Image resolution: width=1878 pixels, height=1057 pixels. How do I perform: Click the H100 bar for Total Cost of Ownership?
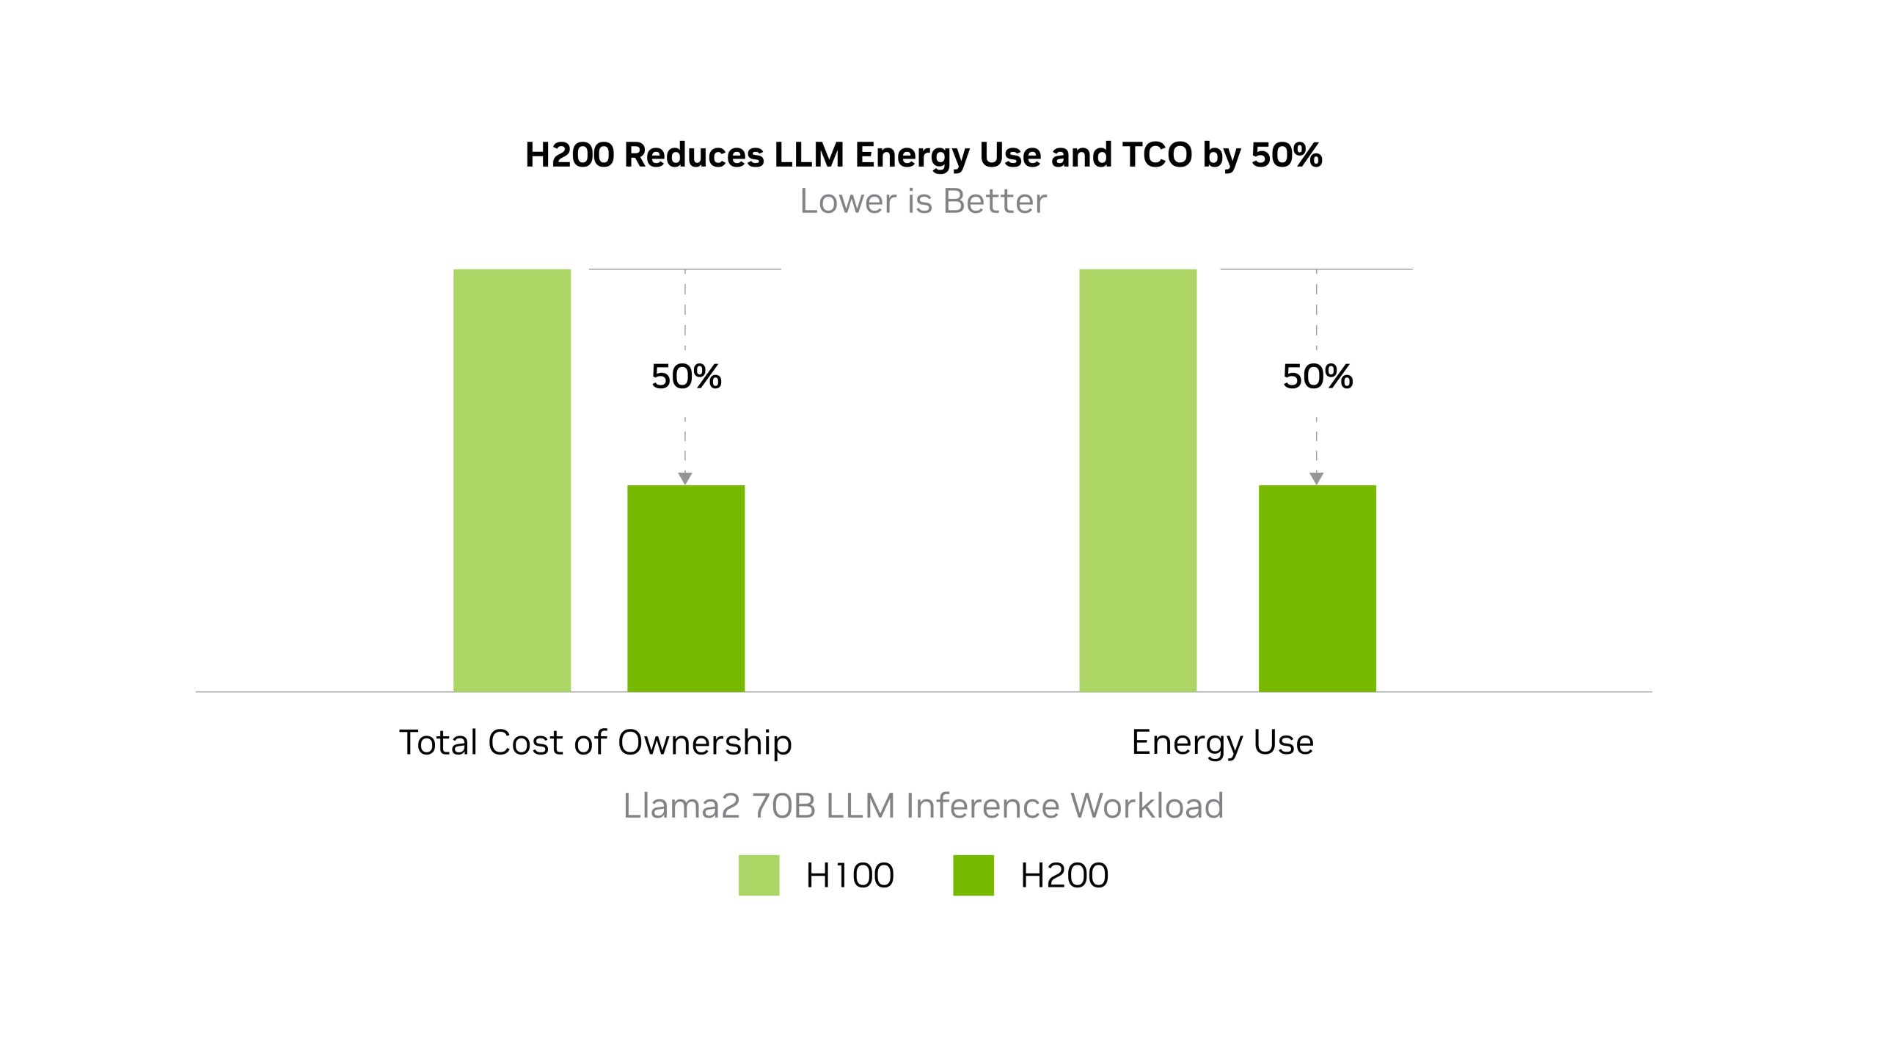point(512,480)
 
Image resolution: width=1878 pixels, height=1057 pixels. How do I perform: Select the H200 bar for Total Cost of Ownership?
point(686,588)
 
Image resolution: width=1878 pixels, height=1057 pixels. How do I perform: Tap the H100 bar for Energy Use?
point(1138,480)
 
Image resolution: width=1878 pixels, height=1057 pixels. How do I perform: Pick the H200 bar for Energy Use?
point(1318,588)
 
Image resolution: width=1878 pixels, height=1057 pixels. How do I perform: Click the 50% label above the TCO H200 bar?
point(687,377)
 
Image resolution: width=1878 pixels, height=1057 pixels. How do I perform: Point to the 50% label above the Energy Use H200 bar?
point(1318,377)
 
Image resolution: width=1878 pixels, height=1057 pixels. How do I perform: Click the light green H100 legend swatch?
point(759,875)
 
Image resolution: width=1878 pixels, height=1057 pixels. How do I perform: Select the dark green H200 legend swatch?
point(973,875)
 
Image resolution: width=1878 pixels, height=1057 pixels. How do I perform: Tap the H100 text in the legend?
point(850,876)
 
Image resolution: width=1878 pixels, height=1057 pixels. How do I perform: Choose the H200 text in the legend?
point(1064,876)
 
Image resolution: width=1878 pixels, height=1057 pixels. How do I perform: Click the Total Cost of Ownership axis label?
point(595,742)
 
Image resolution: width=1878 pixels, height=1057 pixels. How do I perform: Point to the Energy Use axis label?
point(1222,742)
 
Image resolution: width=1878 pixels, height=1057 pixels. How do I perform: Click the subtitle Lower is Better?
point(923,201)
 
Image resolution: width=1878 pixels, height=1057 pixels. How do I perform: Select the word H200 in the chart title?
point(569,155)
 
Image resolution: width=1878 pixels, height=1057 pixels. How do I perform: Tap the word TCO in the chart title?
point(1157,155)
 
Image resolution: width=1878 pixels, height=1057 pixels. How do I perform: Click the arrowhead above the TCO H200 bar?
point(685,479)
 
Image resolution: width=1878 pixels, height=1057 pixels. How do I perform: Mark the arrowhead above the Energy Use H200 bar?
point(1317,479)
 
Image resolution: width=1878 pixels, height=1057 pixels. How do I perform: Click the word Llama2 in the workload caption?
point(682,806)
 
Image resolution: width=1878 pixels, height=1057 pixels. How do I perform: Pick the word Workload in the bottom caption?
point(1147,806)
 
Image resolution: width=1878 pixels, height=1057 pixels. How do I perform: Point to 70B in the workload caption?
point(783,806)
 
